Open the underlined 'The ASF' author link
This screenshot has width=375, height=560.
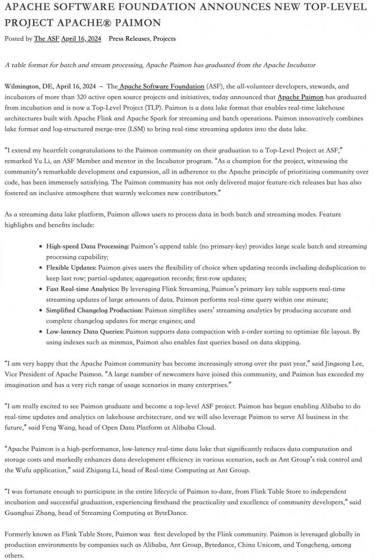[x=46, y=39]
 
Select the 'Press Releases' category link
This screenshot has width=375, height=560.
[x=128, y=39]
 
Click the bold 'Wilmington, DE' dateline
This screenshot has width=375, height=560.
[x=26, y=87]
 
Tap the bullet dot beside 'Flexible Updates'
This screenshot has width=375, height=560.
[x=41, y=267]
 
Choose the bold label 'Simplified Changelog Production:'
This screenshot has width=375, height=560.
[x=95, y=310]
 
